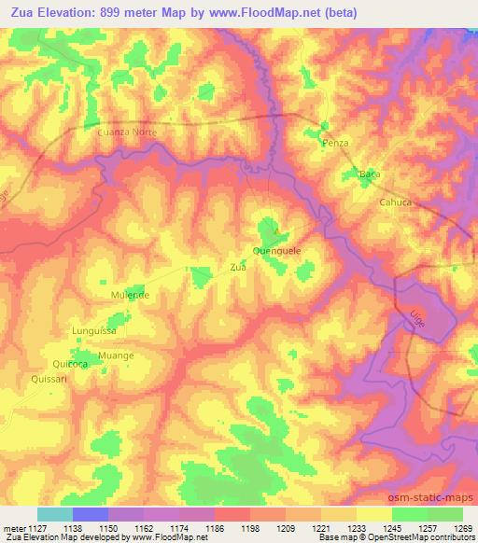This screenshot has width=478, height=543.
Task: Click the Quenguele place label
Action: point(275,250)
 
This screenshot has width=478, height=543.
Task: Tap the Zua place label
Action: point(237,267)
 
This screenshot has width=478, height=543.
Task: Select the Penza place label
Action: point(334,143)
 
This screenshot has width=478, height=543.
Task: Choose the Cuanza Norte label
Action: point(127,132)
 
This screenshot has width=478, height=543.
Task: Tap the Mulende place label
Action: point(131,295)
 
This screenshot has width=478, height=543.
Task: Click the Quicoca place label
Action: point(70,364)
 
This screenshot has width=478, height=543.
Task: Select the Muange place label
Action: point(116,355)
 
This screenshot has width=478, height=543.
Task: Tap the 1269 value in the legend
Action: point(463,528)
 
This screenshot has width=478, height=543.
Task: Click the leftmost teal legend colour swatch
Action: point(54,514)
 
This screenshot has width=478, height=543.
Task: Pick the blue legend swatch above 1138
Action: point(91,514)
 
